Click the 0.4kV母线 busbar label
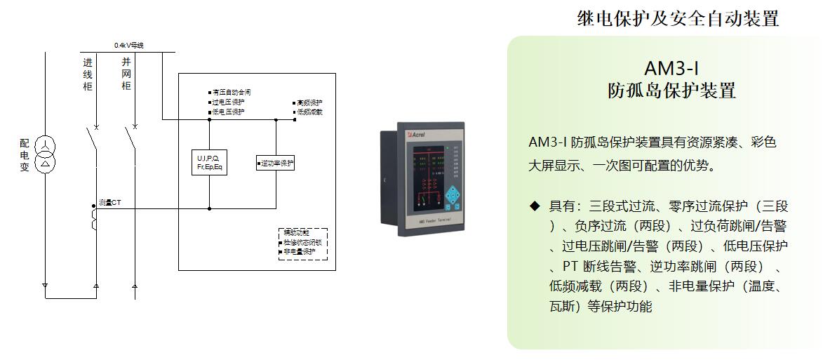[129, 46]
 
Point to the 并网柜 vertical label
[126, 74]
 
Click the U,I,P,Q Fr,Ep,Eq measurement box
[209, 163]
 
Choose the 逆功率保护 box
[275, 164]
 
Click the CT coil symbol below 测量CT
[94, 218]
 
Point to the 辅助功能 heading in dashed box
[296, 232]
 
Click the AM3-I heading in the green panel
[671, 69]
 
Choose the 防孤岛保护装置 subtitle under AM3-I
[671, 91]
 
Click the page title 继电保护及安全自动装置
[678, 19]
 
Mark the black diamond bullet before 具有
[535, 206]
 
